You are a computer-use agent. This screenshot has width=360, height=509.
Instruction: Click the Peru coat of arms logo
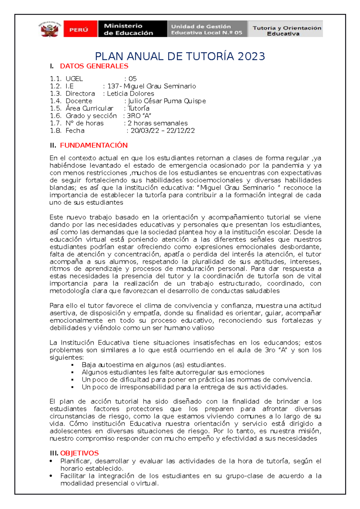(x=50, y=29)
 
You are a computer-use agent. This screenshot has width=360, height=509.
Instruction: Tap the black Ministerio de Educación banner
(x=132, y=29)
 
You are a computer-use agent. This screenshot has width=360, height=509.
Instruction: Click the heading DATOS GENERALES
(x=94, y=66)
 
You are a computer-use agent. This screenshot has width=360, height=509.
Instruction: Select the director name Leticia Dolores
(x=130, y=94)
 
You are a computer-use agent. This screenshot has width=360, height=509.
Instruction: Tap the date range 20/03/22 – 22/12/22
(x=163, y=131)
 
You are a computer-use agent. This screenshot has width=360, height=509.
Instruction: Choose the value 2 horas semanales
(x=157, y=123)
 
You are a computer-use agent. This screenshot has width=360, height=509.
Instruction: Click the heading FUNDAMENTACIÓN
(x=94, y=145)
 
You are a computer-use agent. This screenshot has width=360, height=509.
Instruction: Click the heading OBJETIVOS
(x=79, y=453)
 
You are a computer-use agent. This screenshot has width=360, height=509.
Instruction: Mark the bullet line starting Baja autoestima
(x=153, y=365)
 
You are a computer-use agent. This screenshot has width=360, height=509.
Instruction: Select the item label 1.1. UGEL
(x=66, y=79)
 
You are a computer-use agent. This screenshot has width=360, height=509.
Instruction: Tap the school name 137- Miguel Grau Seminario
(x=151, y=86)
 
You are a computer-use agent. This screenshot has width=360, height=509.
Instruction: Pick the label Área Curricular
(x=89, y=109)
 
